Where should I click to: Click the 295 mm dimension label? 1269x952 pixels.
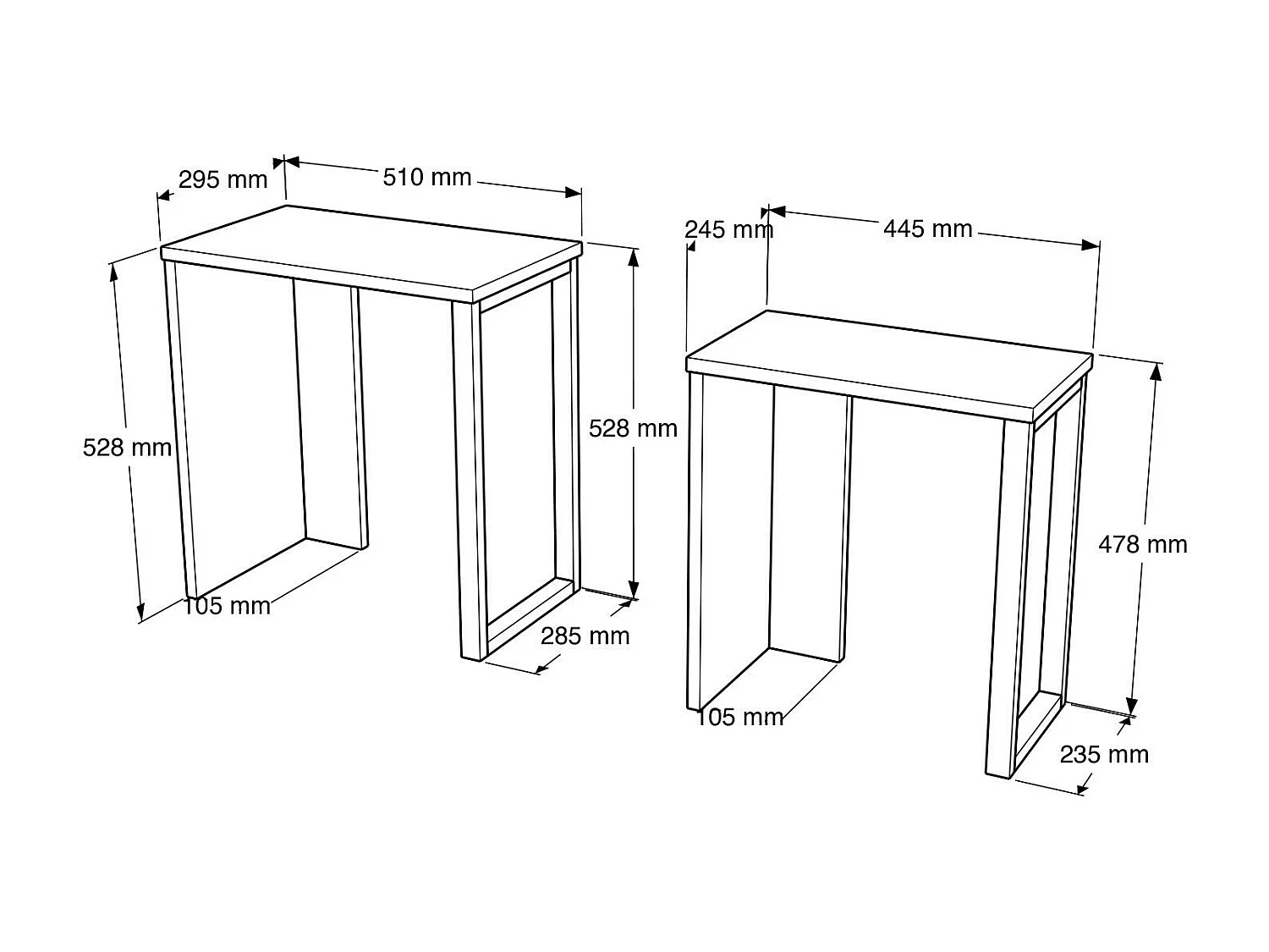pyautogui.click(x=222, y=179)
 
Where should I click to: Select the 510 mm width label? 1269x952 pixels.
pyautogui.click(x=426, y=177)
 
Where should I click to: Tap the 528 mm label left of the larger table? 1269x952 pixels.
pyautogui.click(x=127, y=447)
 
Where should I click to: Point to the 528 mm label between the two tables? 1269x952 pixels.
pyautogui.click(x=633, y=428)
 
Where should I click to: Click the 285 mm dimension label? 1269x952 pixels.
pyautogui.click(x=585, y=636)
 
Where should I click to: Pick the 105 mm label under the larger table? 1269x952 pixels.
pyautogui.click(x=227, y=606)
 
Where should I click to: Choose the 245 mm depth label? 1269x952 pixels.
pyautogui.click(x=728, y=229)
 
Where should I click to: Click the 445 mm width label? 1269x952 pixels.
pyautogui.click(x=927, y=228)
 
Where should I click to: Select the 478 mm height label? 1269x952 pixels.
pyautogui.click(x=1142, y=544)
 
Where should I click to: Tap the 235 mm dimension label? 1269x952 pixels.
pyautogui.click(x=1104, y=754)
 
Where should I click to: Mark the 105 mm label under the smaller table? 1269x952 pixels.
pyautogui.click(x=739, y=718)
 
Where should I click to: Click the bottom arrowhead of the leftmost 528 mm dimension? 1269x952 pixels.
pyautogui.click(x=141, y=613)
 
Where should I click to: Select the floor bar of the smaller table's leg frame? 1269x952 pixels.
pyautogui.click(x=1037, y=733)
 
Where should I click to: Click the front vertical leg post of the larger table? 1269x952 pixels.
pyautogui.click(x=470, y=482)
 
